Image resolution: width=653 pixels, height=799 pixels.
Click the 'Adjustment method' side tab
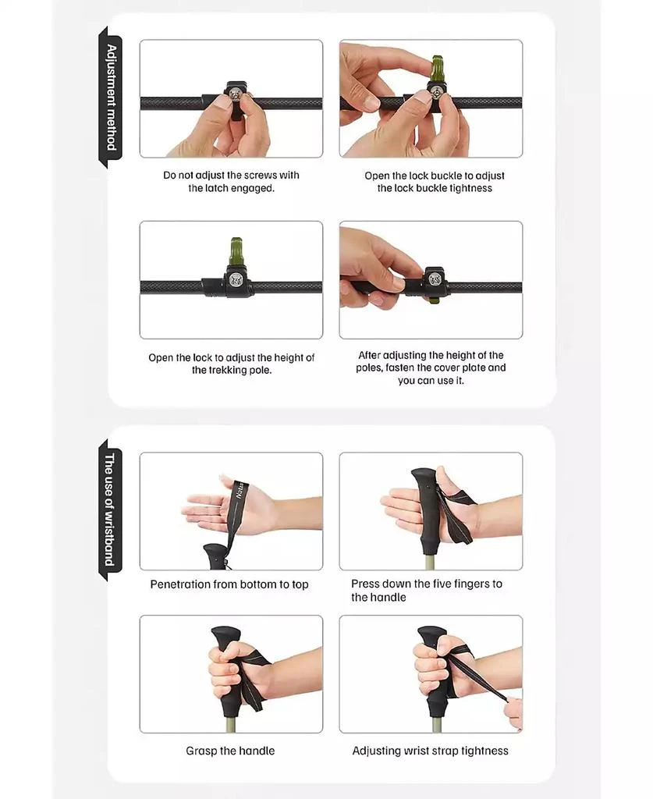(x=111, y=98)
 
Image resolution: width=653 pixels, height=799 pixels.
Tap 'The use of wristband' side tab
(x=110, y=510)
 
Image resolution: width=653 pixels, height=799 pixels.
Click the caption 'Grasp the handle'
(x=230, y=751)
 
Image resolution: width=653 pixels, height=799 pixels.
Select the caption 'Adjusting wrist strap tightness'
(x=431, y=751)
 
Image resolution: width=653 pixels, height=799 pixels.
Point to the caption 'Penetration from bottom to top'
(x=229, y=584)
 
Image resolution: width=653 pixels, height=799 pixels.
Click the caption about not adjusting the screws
(x=231, y=181)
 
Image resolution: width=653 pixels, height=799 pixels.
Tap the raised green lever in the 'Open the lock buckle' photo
(x=437, y=69)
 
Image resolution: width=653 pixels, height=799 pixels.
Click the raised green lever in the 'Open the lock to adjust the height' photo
(x=236, y=254)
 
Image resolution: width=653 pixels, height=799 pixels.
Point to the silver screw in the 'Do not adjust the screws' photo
(x=236, y=94)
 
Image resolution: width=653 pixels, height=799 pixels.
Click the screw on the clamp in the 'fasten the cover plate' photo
(x=435, y=279)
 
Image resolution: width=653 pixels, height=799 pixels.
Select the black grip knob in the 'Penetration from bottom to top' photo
(x=215, y=556)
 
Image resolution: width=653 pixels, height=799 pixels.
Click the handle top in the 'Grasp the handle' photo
(x=225, y=635)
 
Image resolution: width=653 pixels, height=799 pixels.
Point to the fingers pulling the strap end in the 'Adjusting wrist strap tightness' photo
(x=513, y=713)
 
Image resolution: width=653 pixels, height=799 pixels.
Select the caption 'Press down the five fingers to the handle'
(x=427, y=590)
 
